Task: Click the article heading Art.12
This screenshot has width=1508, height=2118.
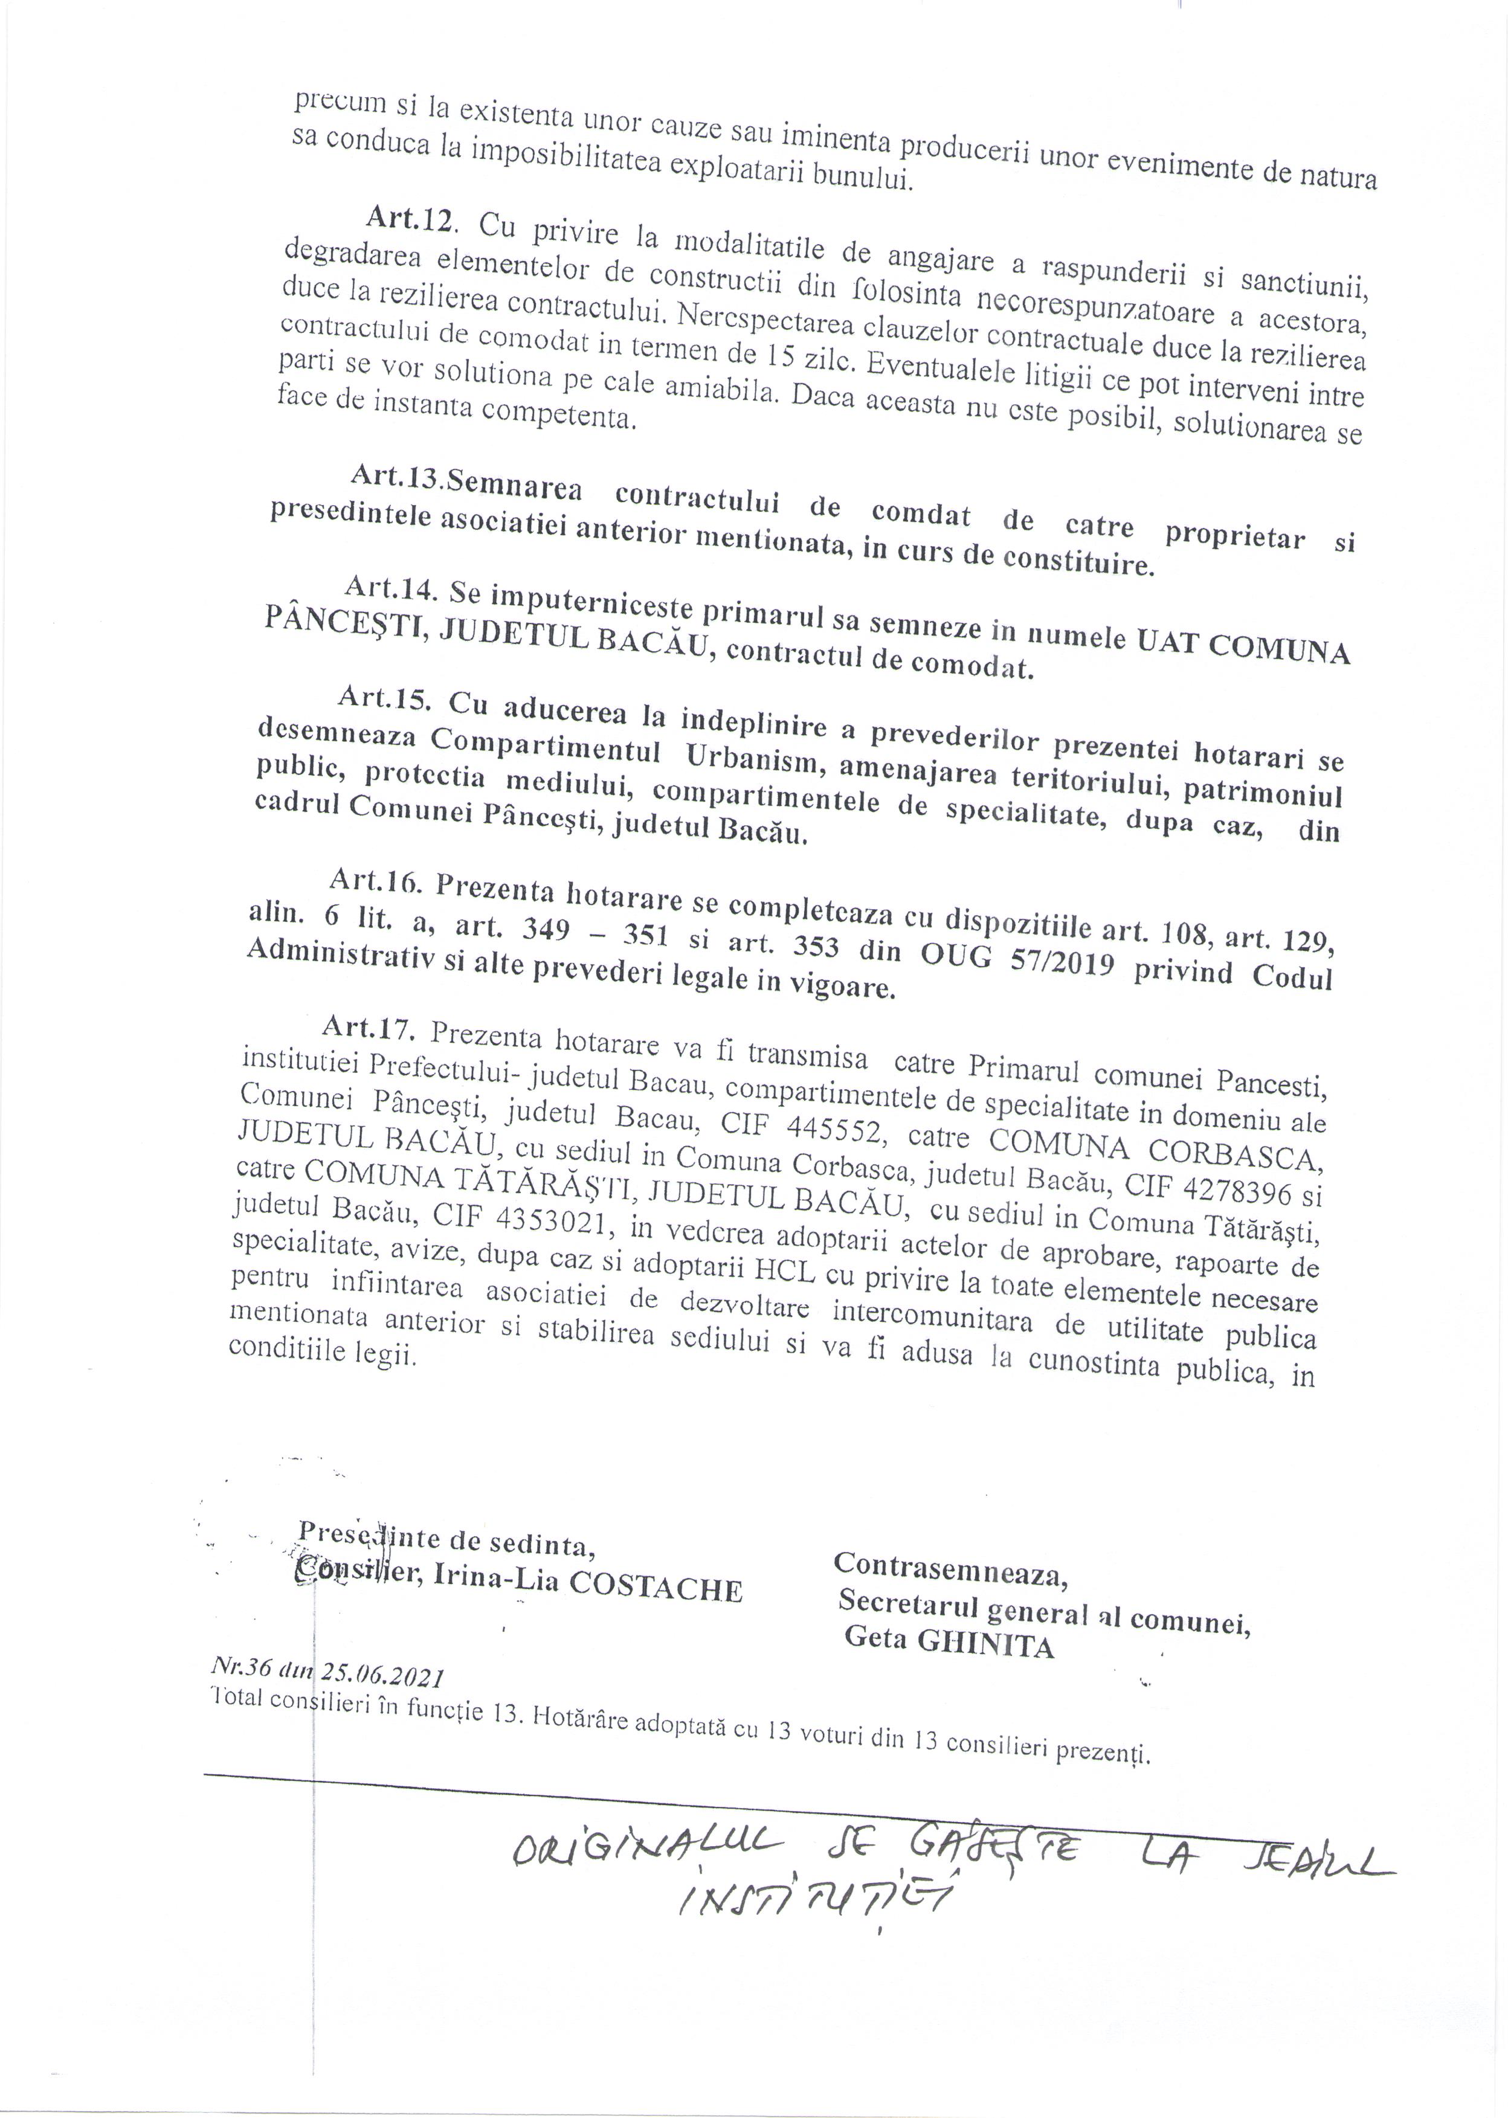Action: click(x=410, y=220)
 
